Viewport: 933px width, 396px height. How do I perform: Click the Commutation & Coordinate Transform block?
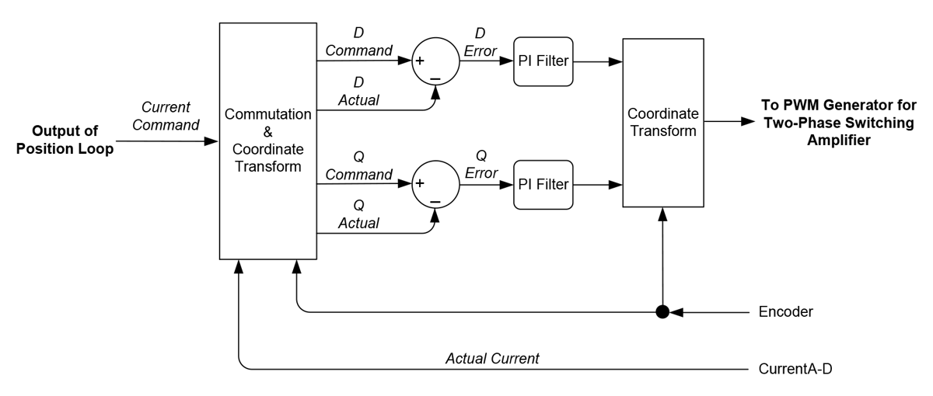click(267, 141)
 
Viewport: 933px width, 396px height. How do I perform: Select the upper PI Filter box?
click(543, 61)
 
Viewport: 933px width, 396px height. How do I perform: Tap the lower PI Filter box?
click(543, 185)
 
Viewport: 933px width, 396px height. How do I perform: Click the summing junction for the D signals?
click(435, 61)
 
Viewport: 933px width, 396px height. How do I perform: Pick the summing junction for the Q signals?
click(435, 185)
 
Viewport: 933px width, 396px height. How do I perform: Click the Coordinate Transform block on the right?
click(662, 122)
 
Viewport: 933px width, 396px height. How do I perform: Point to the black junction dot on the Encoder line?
click(662, 312)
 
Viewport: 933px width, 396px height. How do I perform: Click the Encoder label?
click(785, 312)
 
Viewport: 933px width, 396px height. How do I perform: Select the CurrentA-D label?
click(795, 368)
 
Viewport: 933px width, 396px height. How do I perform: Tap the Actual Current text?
click(492, 359)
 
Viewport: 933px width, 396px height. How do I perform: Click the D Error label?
click(480, 43)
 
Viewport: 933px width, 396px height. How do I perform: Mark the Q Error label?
click(480, 165)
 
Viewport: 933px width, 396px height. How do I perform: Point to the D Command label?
click(358, 42)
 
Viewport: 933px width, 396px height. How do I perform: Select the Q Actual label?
click(358, 214)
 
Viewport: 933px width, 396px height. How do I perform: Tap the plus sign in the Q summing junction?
click(420, 183)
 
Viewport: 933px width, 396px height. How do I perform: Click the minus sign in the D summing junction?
click(435, 78)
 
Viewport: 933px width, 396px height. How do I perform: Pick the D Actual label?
click(358, 91)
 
